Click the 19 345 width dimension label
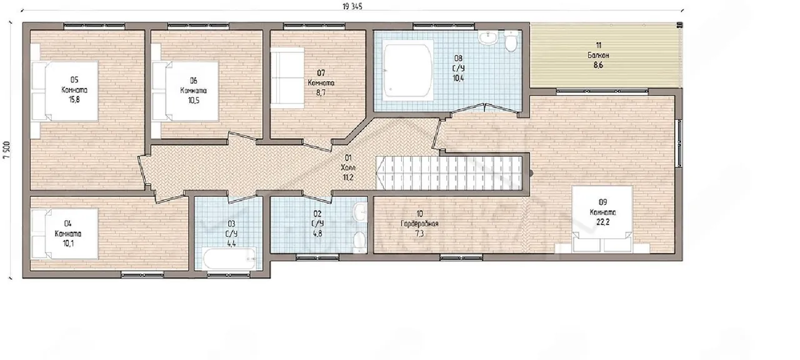tap(352, 7)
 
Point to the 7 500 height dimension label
tap(7, 150)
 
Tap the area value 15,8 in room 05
tap(74, 99)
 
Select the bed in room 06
tap(186, 91)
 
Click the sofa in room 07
tap(287, 77)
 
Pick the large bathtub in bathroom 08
tap(407, 71)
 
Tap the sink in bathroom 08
tap(488, 37)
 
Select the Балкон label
tap(598, 56)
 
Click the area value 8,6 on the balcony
tap(598, 66)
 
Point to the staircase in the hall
tap(449, 173)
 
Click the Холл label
tap(348, 167)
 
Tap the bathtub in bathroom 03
tap(229, 259)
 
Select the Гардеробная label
tap(419, 224)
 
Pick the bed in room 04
tap(64, 234)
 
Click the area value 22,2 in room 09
tap(603, 222)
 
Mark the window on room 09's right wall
tap(679, 143)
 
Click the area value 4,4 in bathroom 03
tap(231, 244)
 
